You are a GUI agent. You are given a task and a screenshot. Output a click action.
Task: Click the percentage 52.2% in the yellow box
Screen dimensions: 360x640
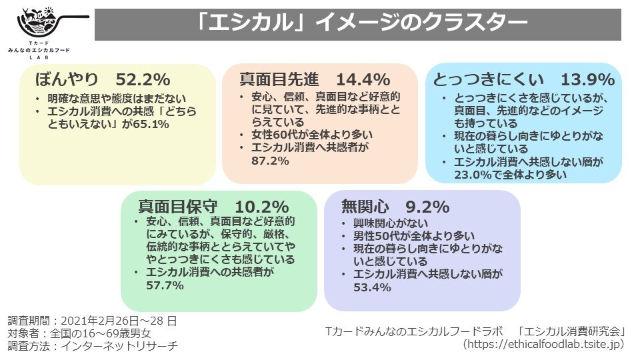[x=143, y=79]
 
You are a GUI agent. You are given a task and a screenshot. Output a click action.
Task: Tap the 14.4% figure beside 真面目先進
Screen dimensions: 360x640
[x=362, y=79]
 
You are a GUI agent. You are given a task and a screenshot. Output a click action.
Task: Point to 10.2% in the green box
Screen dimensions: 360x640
[x=262, y=207]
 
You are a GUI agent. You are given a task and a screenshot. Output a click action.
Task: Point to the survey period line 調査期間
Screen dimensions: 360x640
[x=93, y=321]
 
